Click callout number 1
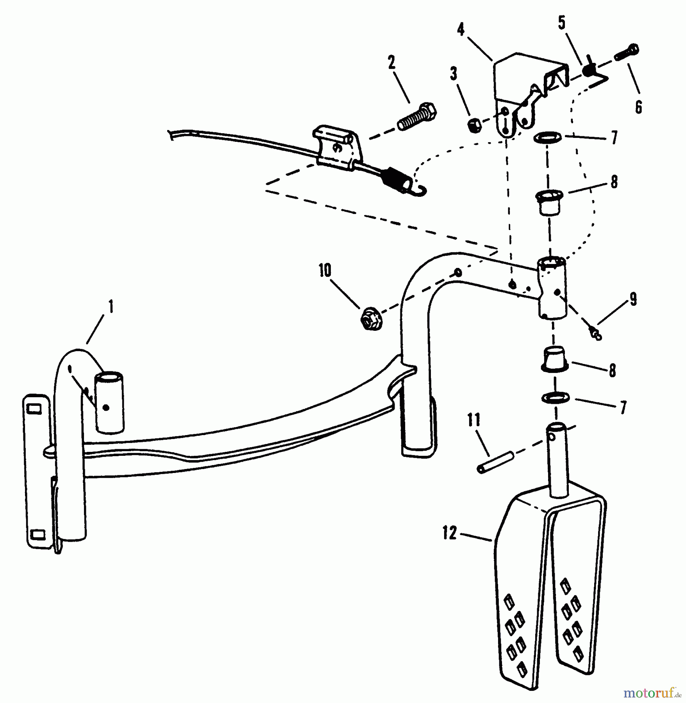[111, 307]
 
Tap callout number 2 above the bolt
[392, 62]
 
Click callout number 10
[325, 270]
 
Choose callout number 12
[450, 533]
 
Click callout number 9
[632, 299]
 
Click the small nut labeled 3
[473, 126]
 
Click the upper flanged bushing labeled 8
[549, 202]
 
